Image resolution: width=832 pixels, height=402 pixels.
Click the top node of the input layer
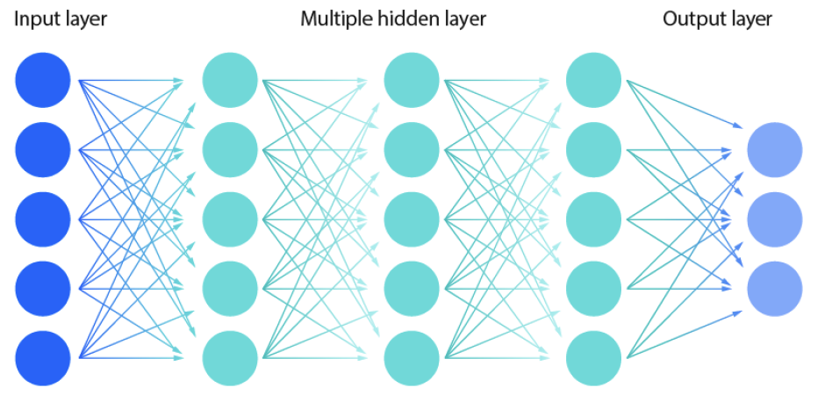pos(42,81)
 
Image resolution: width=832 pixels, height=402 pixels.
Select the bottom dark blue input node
pos(42,357)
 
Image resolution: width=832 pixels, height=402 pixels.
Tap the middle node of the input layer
pos(42,219)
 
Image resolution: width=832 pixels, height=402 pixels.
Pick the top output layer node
pos(774,150)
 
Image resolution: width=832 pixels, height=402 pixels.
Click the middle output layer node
pos(774,219)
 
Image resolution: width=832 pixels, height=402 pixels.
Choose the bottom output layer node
pos(774,288)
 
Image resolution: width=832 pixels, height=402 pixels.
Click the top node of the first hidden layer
pos(230,81)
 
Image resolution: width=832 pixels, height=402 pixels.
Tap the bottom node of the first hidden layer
pos(230,357)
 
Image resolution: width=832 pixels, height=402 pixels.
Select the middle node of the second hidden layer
pos(412,219)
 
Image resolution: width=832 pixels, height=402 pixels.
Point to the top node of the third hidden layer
pos(594,81)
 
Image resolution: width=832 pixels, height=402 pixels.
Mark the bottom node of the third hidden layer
pos(594,357)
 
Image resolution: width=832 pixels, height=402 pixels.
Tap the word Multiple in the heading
pos(337,18)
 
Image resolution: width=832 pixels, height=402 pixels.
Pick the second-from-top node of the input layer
pos(42,150)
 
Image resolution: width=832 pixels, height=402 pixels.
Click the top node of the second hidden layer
pos(412,81)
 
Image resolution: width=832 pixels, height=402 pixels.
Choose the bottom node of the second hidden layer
pos(412,357)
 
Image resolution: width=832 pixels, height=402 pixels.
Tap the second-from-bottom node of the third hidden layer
pos(594,288)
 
